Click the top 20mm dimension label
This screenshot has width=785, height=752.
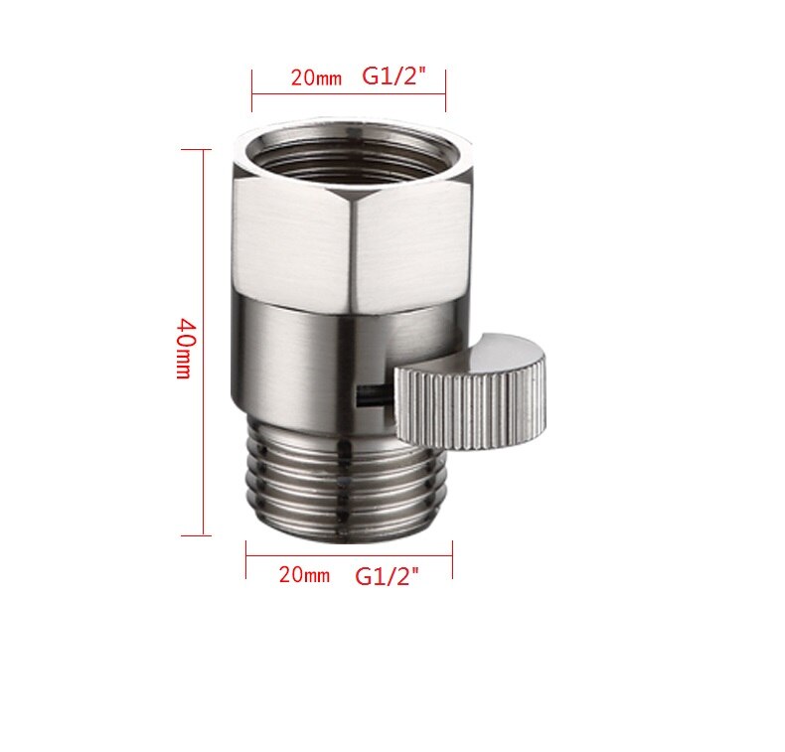(x=316, y=77)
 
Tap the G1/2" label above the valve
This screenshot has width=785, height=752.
(x=393, y=76)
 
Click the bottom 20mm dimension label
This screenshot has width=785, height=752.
(x=304, y=574)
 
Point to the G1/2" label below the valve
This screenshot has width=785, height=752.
(x=387, y=576)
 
